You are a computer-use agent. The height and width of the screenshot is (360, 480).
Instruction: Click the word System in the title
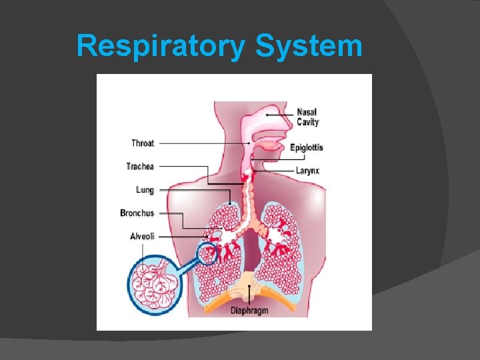pos(308,47)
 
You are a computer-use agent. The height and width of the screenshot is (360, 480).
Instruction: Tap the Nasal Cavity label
pos(308,117)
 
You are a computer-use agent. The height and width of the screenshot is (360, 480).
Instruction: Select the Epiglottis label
pos(307,147)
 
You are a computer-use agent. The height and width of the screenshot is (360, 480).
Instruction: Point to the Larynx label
pos(307,171)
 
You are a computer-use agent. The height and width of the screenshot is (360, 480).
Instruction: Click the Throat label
pos(143,143)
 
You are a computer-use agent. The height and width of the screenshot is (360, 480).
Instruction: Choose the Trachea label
pos(140,166)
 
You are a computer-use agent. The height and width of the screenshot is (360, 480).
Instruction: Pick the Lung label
pos(145,190)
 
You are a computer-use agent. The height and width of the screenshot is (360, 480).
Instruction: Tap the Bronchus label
pos(137,213)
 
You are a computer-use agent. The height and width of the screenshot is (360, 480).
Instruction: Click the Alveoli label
pos(141,236)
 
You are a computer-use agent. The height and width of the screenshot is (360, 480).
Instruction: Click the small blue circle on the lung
pos(208,254)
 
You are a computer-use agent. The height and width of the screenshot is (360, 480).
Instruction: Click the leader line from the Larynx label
pos(273,171)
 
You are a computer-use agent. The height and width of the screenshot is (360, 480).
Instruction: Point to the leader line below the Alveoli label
pos(141,254)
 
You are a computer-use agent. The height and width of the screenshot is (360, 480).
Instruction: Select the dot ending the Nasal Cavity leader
pos(267,115)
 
